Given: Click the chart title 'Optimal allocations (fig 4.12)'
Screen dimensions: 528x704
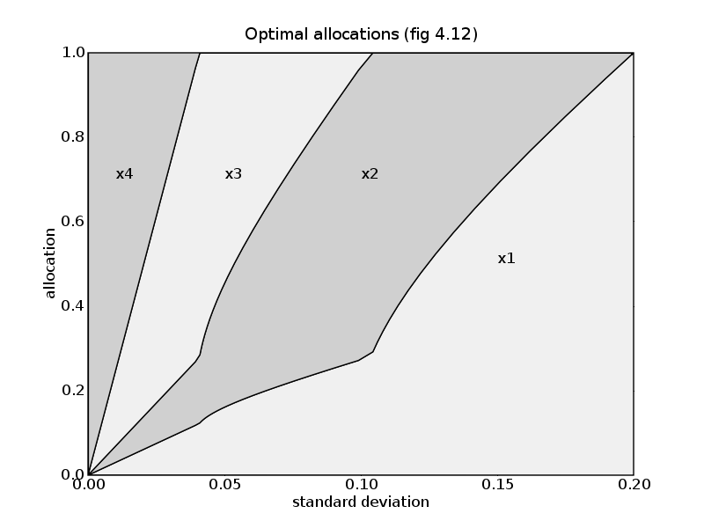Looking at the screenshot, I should click(x=361, y=33).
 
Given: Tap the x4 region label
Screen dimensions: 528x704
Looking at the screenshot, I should click(x=124, y=174).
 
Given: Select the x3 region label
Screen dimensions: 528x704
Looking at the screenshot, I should click(x=233, y=174).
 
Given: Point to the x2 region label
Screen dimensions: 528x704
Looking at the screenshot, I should click(x=370, y=174).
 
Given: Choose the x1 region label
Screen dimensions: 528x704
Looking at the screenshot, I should click(x=506, y=259).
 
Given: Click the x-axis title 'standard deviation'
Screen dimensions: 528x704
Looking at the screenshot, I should click(x=361, y=502).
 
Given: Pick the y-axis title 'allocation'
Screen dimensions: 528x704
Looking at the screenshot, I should click(x=51, y=264).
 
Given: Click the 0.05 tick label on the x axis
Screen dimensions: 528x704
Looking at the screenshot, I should click(x=224, y=485).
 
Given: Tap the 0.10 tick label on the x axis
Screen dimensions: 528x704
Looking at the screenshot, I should click(x=361, y=485).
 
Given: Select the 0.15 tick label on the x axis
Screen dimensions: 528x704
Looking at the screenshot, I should click(x=497, y=485).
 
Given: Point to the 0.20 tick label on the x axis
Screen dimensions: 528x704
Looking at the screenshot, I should click(x=634, y=485).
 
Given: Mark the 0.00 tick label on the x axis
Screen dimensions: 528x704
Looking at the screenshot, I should click(x=88, y=485).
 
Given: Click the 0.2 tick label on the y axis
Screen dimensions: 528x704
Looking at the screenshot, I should click(x=71, y=391).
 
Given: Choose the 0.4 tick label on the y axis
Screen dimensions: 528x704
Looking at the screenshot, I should click(x=71, y=306).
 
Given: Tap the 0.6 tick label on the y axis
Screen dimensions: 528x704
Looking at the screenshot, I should click(x=71, y=222).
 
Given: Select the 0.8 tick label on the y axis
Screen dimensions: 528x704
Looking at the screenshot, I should click(x=71, y=137).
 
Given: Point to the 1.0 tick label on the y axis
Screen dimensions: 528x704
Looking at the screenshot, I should click(x=71, y=53).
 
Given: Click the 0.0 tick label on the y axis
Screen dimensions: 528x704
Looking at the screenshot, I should click(x=71, y=474).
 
